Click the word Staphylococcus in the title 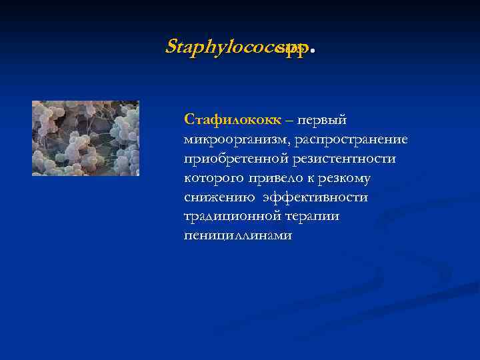pos(220,47)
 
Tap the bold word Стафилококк pos(233,120)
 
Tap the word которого pos(213,178)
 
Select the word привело pos(271,178)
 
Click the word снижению pos(217,197)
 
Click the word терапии pos(313,217)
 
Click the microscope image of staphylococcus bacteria pos(85,138)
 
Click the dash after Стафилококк pos(288,121)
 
